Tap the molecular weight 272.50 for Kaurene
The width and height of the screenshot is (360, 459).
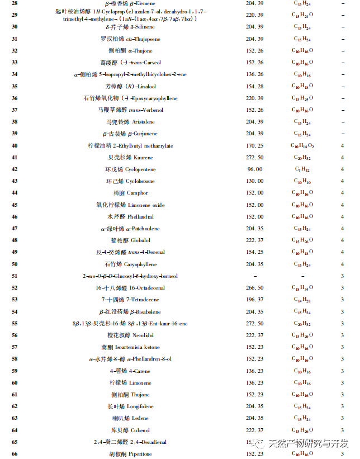tap(254, 158)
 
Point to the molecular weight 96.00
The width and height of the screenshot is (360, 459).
tap(254, 169)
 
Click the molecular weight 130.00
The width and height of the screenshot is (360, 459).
tap(254, 181)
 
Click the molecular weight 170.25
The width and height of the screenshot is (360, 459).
tap(254, 146)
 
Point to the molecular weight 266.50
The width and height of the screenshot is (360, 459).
tap(254, 288)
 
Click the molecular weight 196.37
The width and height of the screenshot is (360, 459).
tap(254, 300)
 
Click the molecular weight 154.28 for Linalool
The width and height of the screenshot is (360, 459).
tap(254, 86)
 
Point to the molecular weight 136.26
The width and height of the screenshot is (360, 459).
tap(254, 74)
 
